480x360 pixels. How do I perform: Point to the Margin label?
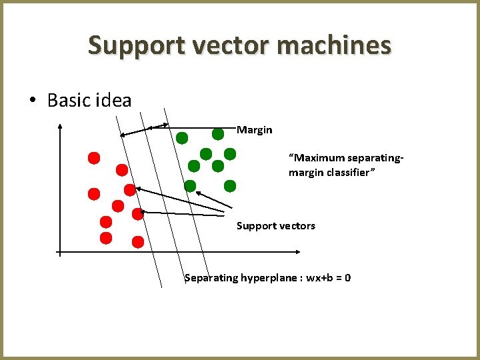(x=255, y=130)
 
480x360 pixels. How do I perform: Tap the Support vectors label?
(x=276, y=226)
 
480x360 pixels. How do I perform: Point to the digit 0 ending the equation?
(x=348, y=277)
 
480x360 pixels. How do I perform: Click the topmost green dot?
(x=217, y=133)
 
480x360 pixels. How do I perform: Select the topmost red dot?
(x=94, y=158)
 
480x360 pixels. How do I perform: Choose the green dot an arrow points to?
(x=190, y=186)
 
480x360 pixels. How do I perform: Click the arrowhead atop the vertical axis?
(x=60, y=125)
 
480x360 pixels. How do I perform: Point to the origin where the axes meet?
(x=60, y=252)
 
